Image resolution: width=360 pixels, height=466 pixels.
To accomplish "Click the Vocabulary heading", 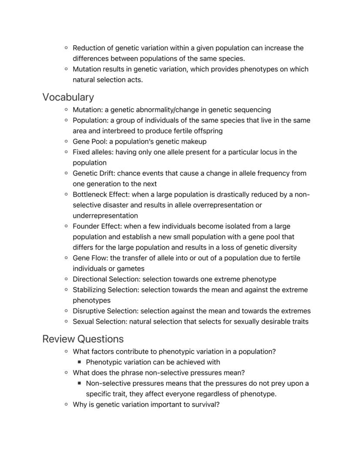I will (x=68, y=97).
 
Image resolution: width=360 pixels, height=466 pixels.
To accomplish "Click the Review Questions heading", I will (x=83, y=339).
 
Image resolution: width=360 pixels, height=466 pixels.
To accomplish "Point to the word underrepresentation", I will (x=105, y=216).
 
